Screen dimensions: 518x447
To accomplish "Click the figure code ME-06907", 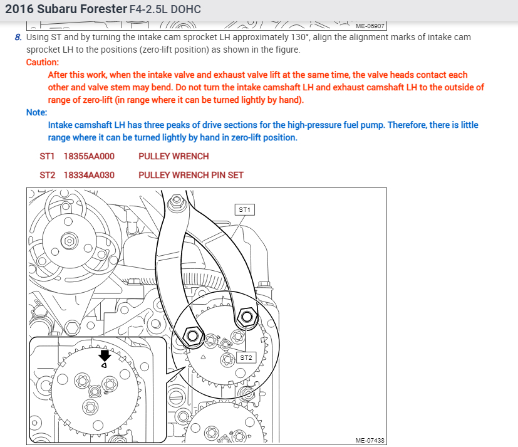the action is pos(370,26).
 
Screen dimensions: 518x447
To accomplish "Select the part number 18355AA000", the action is pos(89,156).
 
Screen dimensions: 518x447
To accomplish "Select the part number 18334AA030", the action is pos(89,175).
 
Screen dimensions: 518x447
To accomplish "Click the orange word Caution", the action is pos(43,62).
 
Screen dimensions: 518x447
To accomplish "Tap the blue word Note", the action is pos(36,112).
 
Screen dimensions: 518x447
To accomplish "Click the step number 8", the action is pos(18,37).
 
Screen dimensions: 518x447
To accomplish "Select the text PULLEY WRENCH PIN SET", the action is pos(191,175).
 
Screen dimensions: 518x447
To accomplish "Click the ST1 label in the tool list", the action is pos(48,156).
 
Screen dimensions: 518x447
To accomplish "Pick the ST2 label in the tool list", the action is pos(48,175).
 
